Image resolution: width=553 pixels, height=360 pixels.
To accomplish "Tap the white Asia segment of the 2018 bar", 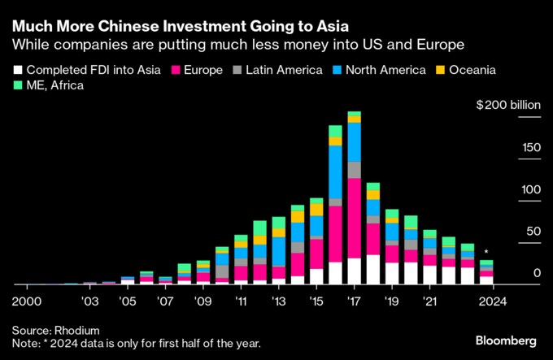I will click(372, 269).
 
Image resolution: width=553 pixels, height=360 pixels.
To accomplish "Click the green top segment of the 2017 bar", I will click(354, 113).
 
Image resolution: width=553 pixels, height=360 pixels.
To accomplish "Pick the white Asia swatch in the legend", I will click(18, 70).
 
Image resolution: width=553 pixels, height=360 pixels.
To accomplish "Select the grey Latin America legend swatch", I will click(237, 70).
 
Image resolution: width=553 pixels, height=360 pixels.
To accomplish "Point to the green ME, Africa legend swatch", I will click(18, 85).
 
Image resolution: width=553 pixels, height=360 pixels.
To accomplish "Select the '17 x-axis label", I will click(354, 300).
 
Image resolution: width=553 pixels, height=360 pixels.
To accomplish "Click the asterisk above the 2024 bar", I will click(486, 253).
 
